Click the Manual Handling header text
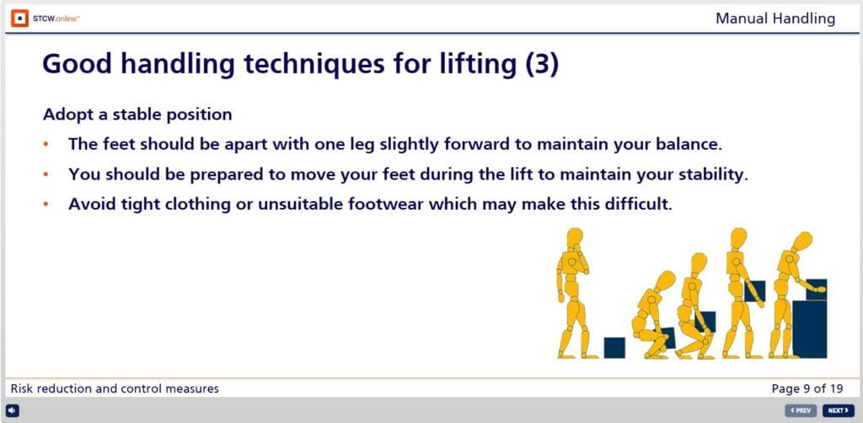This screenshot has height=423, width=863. [x=775, y=18]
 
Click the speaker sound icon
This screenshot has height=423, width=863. [x=13, y=410]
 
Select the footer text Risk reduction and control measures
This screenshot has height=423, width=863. [x=115, y=388]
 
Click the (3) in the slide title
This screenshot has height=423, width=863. [x=541, y=66]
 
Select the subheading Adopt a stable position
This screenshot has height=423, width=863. [x=137, y=114]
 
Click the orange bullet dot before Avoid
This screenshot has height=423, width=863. [x=48, y=205]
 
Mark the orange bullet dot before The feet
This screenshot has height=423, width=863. [x=48, y=144]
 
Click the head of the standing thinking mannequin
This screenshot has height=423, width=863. [x=576, y=238]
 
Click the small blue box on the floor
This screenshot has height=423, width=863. [x=614, y=347]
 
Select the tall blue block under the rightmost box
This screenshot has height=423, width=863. [x=810, y=328]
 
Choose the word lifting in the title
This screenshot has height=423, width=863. [x=473, y=66]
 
